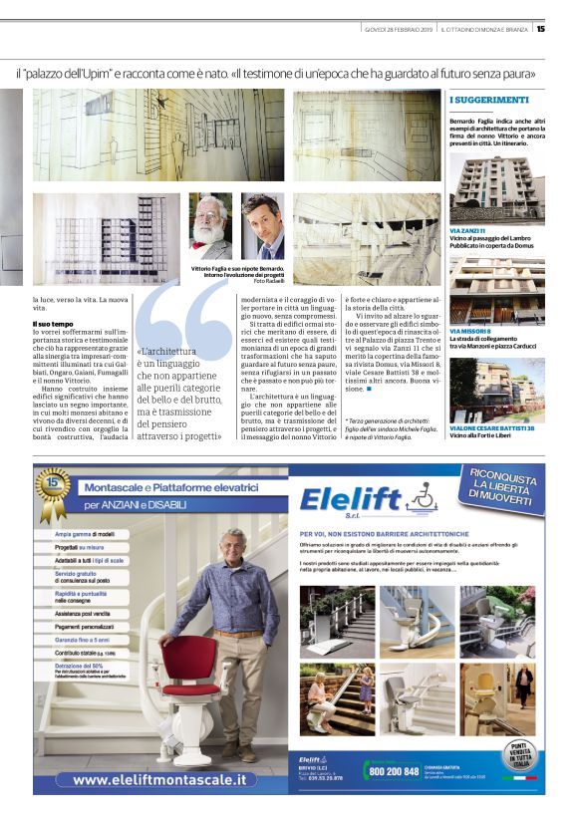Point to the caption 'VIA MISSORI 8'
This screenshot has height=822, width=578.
coord(473,330)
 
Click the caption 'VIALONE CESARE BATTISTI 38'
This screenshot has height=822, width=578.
coord(491,427)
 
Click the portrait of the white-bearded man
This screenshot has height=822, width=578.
coord(210,226)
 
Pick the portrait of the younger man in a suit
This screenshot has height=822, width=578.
coord(262,226)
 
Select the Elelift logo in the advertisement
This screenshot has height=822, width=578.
coord(352,500)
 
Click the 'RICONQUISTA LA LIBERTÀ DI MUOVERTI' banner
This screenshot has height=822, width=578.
coord(498,491)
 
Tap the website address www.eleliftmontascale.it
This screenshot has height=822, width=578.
coord(159,778)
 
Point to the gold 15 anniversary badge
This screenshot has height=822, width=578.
coord(53,487)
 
